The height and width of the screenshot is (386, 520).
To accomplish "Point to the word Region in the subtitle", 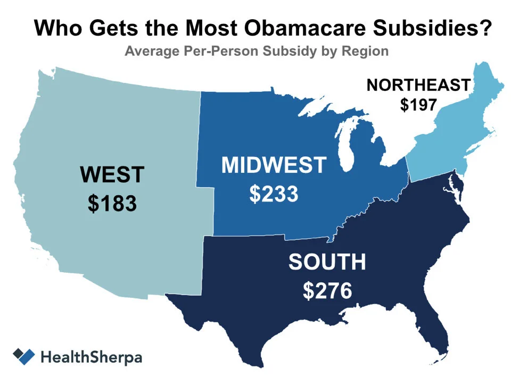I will tap(367, 52).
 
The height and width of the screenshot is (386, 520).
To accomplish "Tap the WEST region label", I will tap(112, 174).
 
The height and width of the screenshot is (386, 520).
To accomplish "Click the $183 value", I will tap(112, 204).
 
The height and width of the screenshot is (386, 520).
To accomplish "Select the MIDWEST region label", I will tap(273, 165).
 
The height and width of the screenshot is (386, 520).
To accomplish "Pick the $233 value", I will tap(273, 195).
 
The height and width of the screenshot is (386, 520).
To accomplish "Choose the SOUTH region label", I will tap(327, 262).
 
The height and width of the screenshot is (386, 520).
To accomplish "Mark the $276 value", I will tap(327, 291).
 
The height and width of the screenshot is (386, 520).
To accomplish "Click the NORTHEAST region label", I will tap(418, 85).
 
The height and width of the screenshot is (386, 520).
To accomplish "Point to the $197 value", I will tap(418, 105).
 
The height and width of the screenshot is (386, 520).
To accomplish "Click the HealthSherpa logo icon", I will tap(24, 356).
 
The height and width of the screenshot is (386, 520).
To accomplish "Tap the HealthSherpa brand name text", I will tap(91, 357).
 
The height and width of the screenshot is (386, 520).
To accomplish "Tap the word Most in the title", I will tap(213, 28).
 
